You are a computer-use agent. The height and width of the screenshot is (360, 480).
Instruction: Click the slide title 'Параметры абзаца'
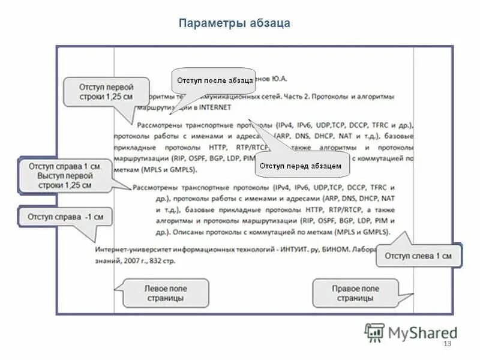[235, 23]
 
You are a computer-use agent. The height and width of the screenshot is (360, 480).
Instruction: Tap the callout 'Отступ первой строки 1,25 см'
[106, 92]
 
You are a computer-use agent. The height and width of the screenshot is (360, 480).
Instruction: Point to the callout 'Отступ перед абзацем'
[302, 164]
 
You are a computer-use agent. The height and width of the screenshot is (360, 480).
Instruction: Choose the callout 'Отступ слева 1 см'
[418, 256]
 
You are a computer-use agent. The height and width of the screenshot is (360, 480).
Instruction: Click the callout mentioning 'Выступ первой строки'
[64, 175]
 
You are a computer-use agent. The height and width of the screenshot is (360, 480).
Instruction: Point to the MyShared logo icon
[375, 331]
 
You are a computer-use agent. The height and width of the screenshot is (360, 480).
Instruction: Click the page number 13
[446, 343]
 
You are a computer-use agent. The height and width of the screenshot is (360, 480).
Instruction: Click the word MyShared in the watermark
[423, 332]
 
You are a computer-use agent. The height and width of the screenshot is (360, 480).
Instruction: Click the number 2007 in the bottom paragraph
[134, 261]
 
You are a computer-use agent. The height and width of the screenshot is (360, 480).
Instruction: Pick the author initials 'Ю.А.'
[279, 78]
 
